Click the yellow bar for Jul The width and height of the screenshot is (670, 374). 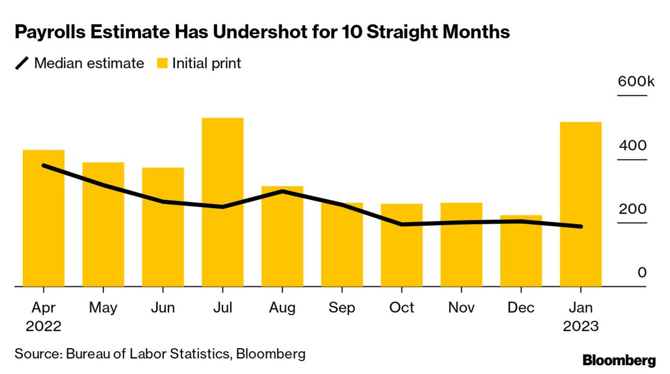pos(222,202)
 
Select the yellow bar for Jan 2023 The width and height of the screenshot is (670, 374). pos(580,204)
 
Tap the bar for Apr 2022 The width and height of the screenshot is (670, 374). pos(44,218)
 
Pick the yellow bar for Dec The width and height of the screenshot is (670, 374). pos(521,251)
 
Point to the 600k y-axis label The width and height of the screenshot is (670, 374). pos(635,81)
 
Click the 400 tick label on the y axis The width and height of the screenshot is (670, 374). pos(633,145)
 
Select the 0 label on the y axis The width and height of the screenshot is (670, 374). pos(642,272)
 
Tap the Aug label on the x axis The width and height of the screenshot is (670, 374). pos(282,308)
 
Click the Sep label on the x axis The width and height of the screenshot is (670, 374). pos(342,308)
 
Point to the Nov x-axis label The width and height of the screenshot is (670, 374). pos(461,308)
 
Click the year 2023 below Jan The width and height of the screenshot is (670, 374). pos(580,327)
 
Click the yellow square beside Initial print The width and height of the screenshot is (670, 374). pos(162,64)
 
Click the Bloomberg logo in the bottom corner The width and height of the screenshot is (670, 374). pos(619,361)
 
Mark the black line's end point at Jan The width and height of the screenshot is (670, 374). pos(580,226)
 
